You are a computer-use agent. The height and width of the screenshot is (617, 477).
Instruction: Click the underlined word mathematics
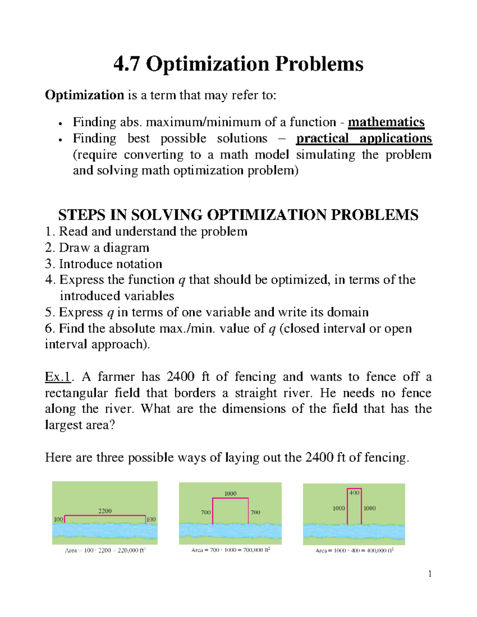(386, 122)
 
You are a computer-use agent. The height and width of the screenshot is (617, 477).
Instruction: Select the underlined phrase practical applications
(364, 138)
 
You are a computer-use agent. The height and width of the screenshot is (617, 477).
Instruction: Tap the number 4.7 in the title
(126, 64)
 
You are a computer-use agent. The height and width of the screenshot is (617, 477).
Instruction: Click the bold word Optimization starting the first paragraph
(84, 95)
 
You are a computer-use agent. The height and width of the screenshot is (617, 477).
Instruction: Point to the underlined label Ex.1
(58, 377)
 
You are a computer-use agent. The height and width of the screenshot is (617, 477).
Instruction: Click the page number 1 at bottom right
(430, 573)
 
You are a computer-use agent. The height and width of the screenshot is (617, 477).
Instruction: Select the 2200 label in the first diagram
(105, 511)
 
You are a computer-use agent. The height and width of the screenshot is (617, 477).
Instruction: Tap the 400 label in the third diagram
(354, 493)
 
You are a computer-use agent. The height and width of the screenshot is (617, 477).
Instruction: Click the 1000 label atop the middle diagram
(230, 493)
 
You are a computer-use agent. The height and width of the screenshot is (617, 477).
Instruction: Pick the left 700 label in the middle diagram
(206, 513)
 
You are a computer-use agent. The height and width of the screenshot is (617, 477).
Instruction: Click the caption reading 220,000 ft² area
(105, 551)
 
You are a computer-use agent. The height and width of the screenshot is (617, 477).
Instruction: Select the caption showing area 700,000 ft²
(231, 550)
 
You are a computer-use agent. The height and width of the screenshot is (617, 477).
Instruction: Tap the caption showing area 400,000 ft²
(354, 551)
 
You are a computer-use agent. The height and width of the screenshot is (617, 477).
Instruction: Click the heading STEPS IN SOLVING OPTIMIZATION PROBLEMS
(238, 215)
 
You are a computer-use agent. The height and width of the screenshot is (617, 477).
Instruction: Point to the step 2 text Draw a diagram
(104, 248)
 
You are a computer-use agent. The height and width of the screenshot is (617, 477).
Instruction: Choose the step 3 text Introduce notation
(110, 264)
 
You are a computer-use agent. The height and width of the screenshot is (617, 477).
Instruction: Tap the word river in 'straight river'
(295, 393)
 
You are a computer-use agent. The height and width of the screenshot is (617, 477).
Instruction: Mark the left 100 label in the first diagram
(58, 519)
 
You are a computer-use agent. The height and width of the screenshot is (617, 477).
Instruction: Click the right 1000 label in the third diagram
(369, 508)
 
